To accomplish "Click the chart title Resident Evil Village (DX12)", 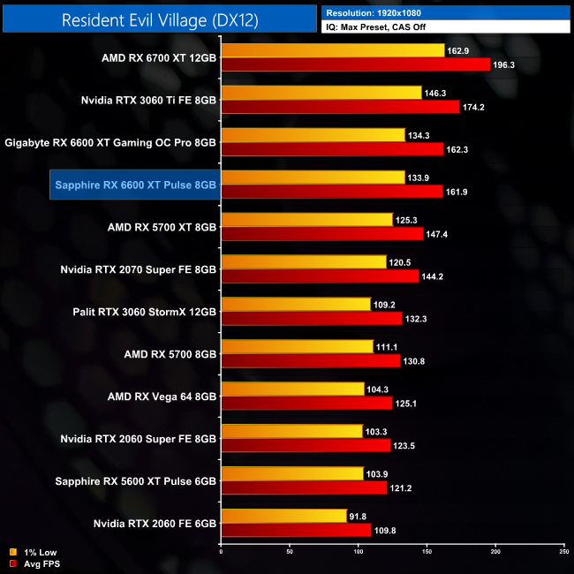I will pyautogui.click(x=160, y=20).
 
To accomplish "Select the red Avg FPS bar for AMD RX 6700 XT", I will pyautogui.click(x=355, y=64).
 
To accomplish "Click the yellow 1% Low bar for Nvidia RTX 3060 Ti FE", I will pyautogui.click(x=321, y=93).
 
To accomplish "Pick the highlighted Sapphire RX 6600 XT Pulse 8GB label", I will pyautogui.click(x=134, y=185).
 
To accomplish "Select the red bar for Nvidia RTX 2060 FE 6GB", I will pyautogui.click(x=295, y=530).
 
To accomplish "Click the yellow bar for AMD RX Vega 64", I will pyautogui.click(x=292, y=389).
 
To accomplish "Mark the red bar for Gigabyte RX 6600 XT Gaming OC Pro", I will pyautogui.click(x=332, y=149).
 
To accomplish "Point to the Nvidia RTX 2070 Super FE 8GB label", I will pyautogui.click(x=139, y=269).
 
